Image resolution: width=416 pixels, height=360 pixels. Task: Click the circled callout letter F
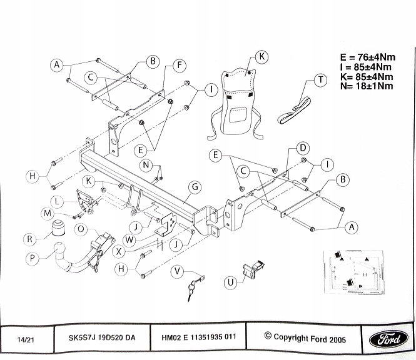(x=179, y=65)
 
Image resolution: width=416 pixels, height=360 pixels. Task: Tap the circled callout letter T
(x=321, y=80)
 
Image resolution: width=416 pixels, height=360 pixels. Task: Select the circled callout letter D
(x=302, y=148)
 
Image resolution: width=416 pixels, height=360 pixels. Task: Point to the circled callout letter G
(x=195, y=187)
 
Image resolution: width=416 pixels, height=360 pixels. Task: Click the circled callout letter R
(x=29, y=237)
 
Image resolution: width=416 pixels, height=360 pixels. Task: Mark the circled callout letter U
(x=231, y=282)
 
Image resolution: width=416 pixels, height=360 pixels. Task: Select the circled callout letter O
(x=81, y=229)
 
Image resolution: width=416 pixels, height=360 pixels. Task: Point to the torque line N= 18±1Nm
(x=367, y=86)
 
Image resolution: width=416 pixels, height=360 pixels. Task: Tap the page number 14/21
(x=27, y=339)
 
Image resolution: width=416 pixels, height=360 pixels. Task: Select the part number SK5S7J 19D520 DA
(x=101, y=338)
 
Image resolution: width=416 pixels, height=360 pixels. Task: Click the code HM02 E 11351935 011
(x=199, y=338)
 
